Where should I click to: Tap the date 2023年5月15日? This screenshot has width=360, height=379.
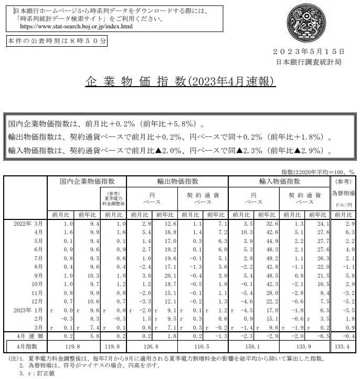point(309,51)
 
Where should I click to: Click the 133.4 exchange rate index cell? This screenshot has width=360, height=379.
point(344,346)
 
